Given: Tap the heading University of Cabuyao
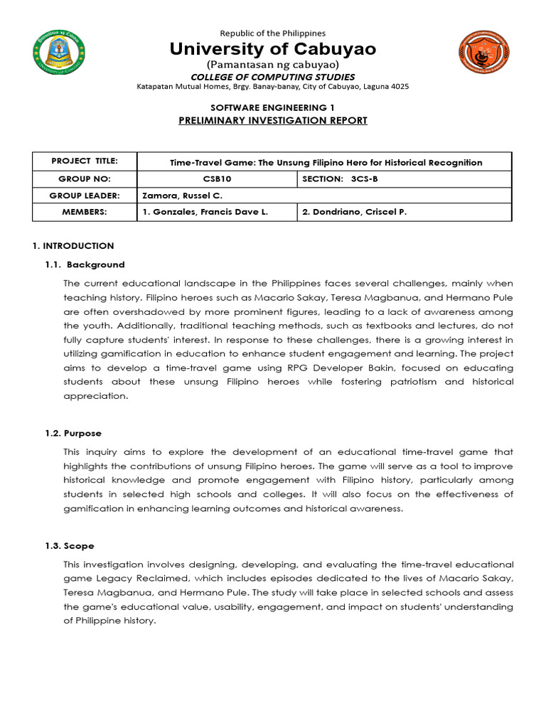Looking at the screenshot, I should [x=272, y=49].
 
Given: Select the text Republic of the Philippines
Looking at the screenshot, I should [x=272, y=33].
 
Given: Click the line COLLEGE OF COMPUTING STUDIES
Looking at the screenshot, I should [x=272, y=77].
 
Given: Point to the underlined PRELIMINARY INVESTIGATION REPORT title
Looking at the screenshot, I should [x=272, y=120].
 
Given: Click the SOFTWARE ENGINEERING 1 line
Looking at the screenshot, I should [x=272, y=106].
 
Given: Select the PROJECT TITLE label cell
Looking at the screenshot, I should [x=84, y=161].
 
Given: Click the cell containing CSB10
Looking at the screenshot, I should [x=215, y=178].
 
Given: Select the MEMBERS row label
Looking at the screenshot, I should [x=84, y=212].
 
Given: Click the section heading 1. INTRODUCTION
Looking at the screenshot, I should [x=73, y=246].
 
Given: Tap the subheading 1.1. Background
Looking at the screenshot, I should [x=85, y=264].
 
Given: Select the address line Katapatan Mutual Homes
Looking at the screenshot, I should [x=272, y=87].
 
